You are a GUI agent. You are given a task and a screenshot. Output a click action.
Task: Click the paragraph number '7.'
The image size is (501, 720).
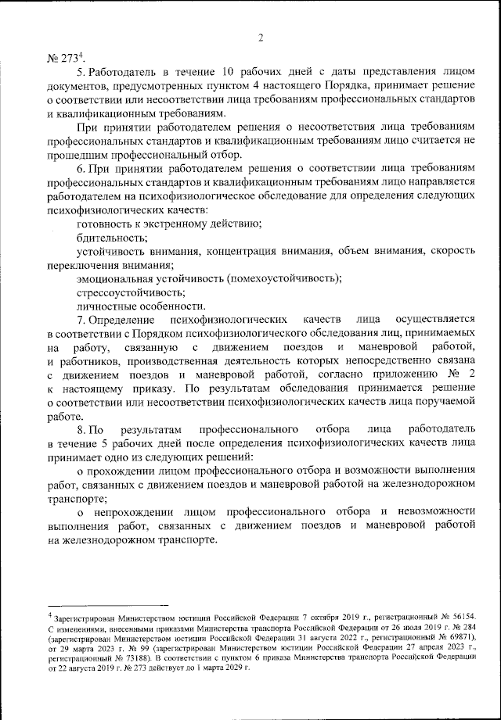click(x=81, y=319)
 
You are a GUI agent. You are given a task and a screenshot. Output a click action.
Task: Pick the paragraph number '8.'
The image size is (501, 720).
click(x=81, y=429)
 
